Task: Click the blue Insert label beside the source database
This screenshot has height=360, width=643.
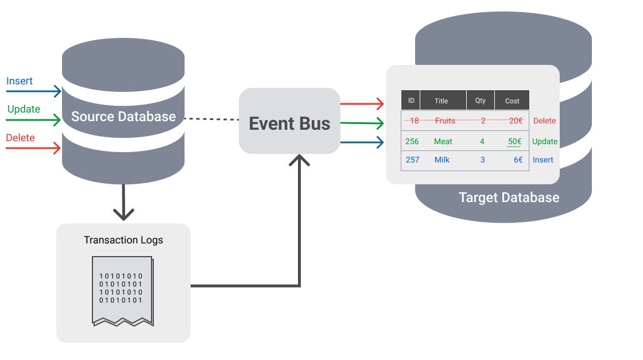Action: pos(20,81)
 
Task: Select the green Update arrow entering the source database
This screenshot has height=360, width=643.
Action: pos(33,120)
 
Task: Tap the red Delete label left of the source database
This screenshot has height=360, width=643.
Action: pos(20,138)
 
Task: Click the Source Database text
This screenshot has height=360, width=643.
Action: pos(123,117)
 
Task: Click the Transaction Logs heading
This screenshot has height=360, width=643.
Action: pos(123,240)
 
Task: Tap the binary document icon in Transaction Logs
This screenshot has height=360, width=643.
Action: pos(122,291)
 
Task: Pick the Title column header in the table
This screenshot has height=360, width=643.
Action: pos(441,100)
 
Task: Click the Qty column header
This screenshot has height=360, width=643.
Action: pos(481,100)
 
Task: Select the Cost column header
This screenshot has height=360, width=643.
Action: pos(512,100)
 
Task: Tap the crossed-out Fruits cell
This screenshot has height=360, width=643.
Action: pos(445,121)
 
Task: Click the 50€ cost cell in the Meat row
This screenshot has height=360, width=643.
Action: pos(514,141)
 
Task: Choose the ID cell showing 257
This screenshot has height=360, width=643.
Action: pos(412,160)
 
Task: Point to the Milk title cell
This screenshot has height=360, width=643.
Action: pos(442,160)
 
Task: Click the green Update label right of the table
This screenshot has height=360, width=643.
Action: pos(544,141)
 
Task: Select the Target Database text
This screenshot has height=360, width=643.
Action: pos(509,198)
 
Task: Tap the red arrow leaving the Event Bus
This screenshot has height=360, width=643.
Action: pos(362,104)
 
